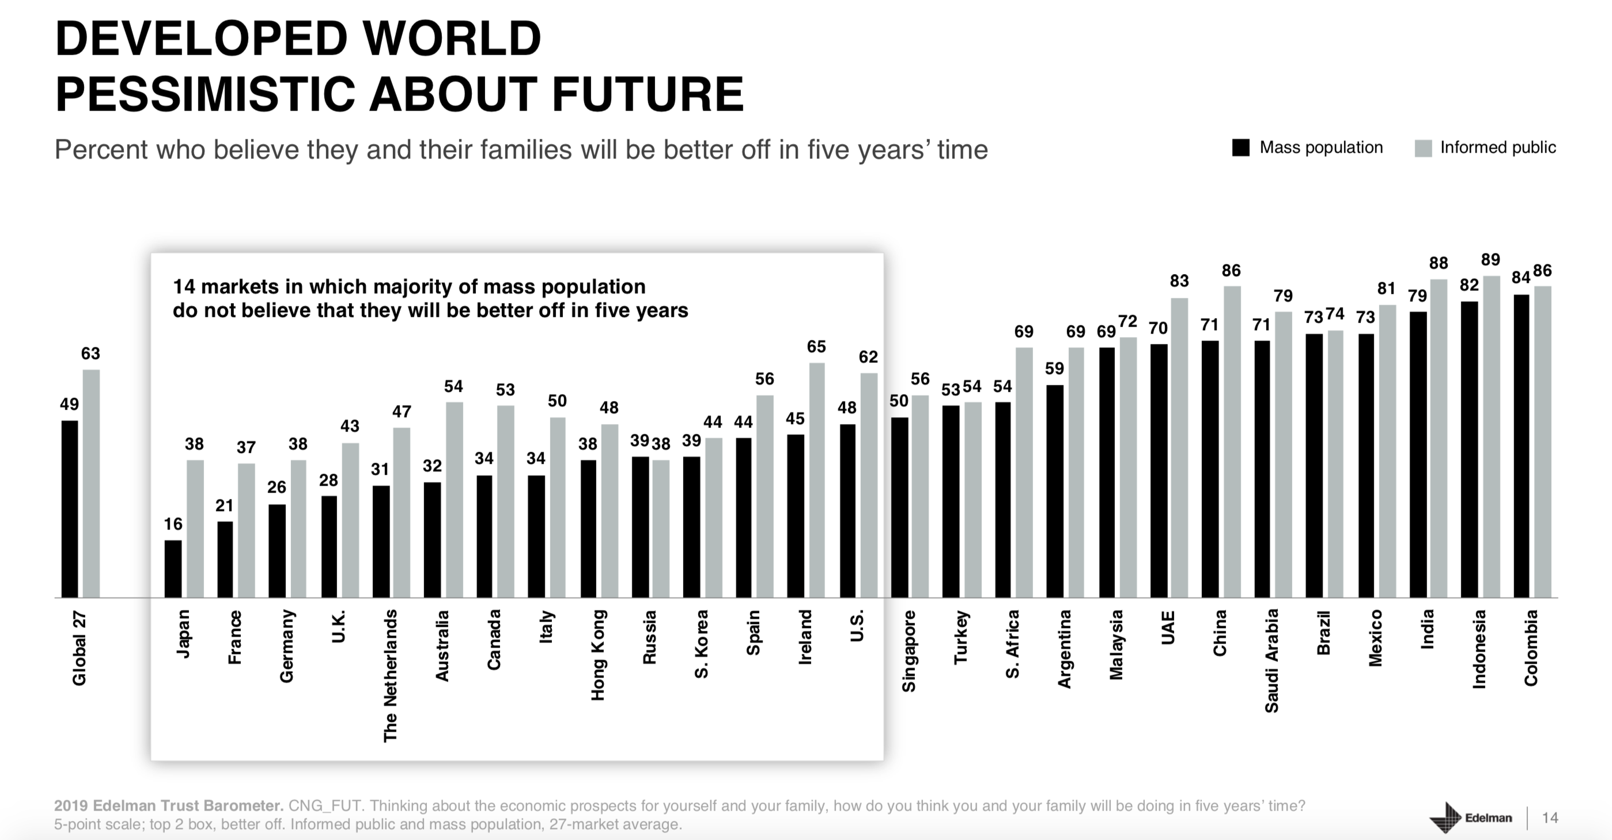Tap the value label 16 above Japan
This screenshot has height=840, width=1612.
173,524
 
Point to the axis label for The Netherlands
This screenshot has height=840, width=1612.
391,676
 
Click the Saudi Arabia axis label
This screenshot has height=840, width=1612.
1272,661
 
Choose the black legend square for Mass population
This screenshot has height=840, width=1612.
1240,147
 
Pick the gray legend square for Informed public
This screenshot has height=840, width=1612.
1423,148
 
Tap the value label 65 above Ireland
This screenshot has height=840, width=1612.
816,347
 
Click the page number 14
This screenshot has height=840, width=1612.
1549,818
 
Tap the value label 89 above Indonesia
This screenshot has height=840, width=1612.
1490,260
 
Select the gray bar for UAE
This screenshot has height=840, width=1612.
1179,448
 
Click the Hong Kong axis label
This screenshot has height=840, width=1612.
598,654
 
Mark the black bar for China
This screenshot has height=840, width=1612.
1210,469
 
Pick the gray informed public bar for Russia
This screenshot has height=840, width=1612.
661,529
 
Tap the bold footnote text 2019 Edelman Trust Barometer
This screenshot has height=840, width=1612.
169,805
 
